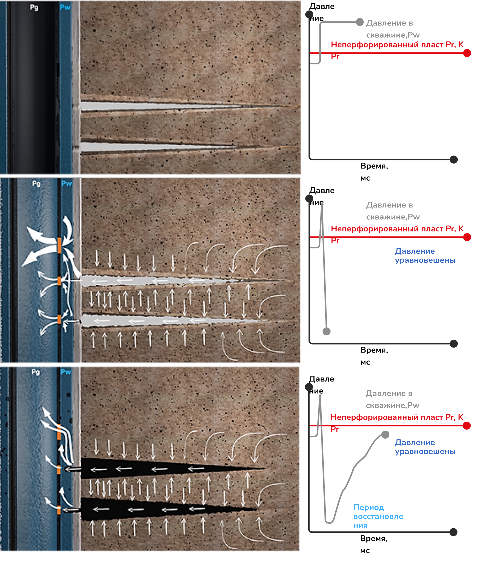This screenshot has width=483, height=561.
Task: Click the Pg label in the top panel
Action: tap(34, 7)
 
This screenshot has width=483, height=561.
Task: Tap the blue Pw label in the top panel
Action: tap(65, 7)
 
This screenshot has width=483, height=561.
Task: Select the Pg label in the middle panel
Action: tap(36, 184)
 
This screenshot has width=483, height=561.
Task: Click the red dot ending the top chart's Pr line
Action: tap(467, 53)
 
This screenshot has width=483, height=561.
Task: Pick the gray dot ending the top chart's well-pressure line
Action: tap(359, 22)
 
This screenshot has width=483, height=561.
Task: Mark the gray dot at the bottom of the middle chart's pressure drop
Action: tap(326, 331)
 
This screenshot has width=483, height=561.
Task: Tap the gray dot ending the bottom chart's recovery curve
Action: tap(385, 435)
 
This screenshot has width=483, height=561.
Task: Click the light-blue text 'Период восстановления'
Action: tap(378, 516)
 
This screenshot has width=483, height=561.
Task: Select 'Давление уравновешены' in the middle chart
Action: tap(425, 256)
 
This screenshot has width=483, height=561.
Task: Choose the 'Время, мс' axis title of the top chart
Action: tap(374, 172)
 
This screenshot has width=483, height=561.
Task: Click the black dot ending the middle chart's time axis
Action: tap(454, 344)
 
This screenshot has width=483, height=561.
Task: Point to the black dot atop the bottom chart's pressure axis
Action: tap(309, 387)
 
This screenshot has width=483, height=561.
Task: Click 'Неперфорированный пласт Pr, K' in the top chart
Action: tap(397, 45)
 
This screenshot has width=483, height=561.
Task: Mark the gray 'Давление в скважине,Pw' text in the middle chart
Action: tap(393, 211)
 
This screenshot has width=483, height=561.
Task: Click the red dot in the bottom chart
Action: tap(467, 426)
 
